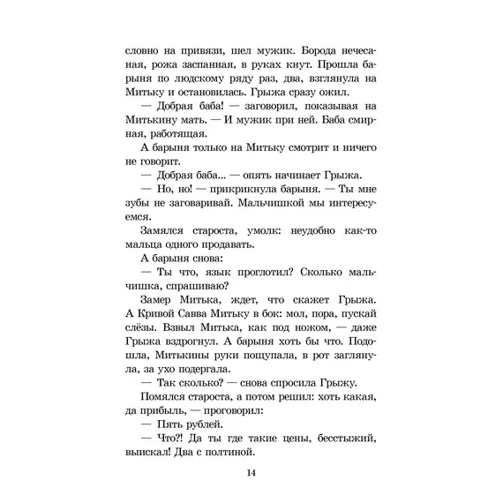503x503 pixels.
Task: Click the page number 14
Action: click(251, 474)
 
